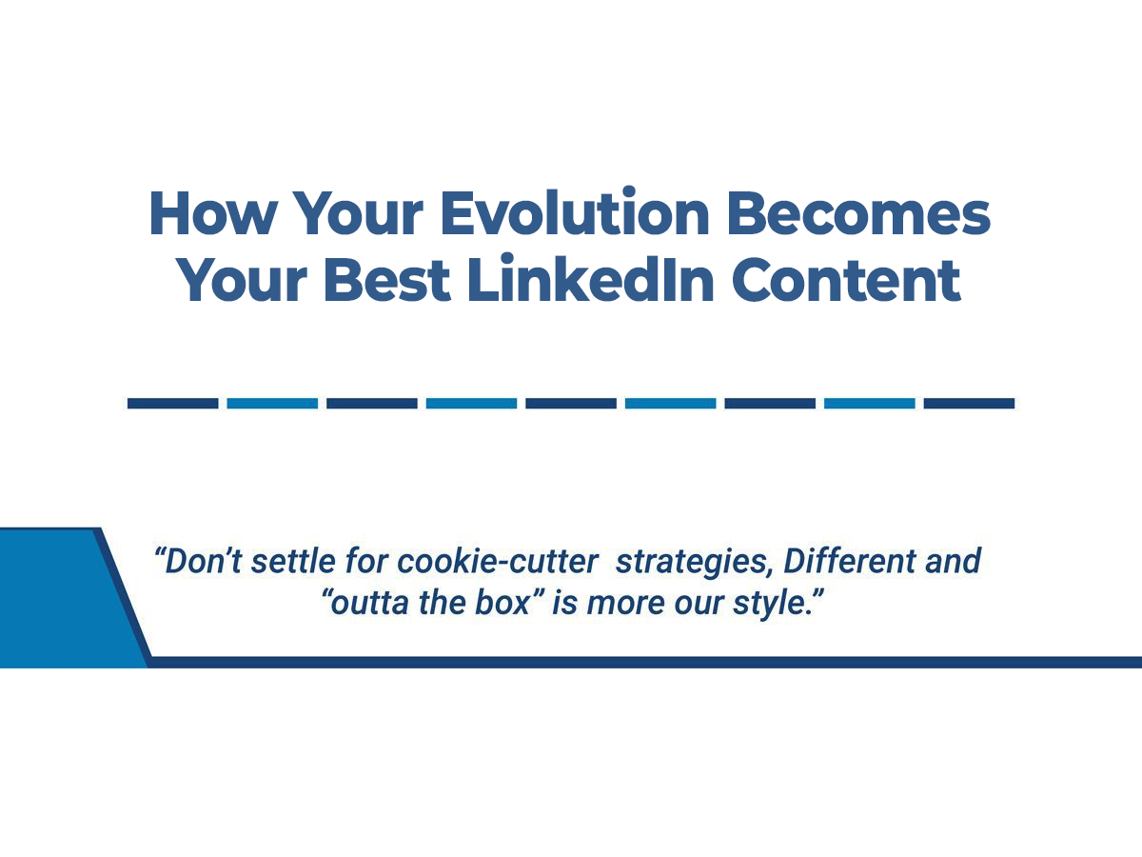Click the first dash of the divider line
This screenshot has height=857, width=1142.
(x=172, y=404)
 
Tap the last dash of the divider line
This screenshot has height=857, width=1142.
(x=969, y=404)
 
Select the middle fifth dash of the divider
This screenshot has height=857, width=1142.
(x=571, y=404)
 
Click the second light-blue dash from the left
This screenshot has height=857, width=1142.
(x=471, y=404)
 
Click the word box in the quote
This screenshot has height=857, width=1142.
(x=511, y=605)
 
